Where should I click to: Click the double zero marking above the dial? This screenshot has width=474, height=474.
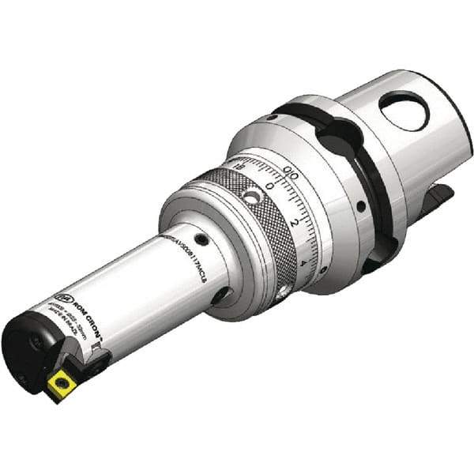(x=291, y=170)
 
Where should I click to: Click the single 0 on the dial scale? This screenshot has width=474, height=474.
(x=271, y=186)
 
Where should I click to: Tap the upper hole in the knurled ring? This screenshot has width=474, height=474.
(x=250, y=196)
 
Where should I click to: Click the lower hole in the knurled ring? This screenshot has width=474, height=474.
(x=281, y=294)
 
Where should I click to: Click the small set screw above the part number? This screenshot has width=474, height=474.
(x=203, y=240)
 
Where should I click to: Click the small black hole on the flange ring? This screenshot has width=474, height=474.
(x=360, y=207)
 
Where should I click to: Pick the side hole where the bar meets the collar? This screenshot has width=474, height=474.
(x=219, y=295)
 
